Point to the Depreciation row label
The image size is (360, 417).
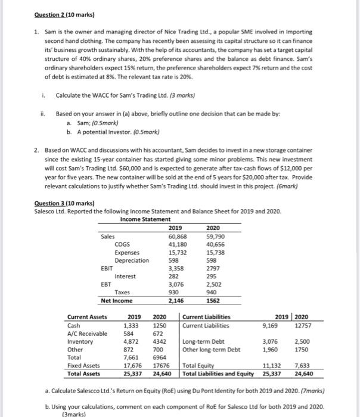click(x=132, y=260)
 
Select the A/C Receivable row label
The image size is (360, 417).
click(x=88, y=334)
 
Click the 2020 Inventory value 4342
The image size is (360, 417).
click(x=160, y=342)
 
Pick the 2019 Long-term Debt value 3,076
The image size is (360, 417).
click(x=304, y=342)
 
